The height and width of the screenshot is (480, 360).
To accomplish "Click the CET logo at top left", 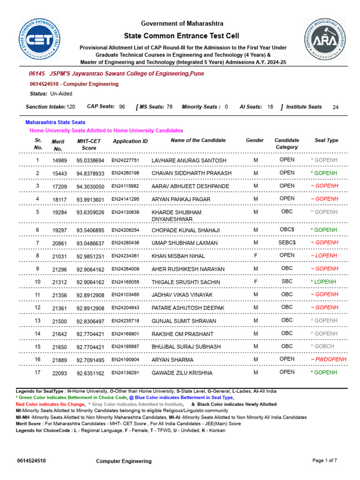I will [x=40, y=40].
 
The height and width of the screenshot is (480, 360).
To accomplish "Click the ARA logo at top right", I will [x=324, y=39].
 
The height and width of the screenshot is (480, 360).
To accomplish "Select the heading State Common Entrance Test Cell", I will [x=181, y=36].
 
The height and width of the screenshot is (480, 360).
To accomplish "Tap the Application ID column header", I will [x=130, y=141].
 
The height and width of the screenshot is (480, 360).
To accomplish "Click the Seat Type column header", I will [x=326, y=140].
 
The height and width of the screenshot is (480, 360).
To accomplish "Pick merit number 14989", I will [x=60, y=160].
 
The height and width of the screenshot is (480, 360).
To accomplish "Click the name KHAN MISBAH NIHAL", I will [x=178, y=256].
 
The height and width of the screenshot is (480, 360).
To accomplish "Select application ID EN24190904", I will [x=125, y=359].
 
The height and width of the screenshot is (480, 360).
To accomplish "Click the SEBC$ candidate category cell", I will [x=287, y=242].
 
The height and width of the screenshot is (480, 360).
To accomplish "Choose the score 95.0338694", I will [x=90, y=160].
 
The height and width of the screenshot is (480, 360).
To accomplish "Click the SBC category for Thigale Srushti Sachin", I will [x=287, y=281].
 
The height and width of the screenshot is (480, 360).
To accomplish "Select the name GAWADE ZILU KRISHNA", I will [x=182, y=373].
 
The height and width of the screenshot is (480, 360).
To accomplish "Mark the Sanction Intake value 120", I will [x=71, y=107].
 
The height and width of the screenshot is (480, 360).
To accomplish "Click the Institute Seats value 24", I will [x=335, y=107].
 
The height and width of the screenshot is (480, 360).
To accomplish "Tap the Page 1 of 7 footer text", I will [x=324, y=460].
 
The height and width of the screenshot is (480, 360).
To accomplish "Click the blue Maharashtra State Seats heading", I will [x=55, y=122].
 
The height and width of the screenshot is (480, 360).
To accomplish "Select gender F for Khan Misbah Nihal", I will [x=255, y=255].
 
